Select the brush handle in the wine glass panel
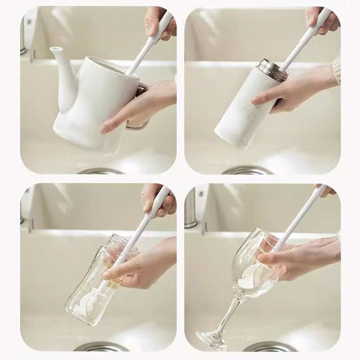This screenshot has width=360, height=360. coord(301,216)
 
